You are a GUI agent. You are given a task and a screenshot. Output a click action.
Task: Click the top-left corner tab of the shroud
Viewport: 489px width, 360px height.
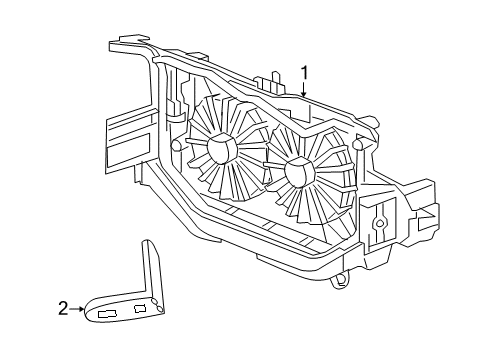pos(122,42)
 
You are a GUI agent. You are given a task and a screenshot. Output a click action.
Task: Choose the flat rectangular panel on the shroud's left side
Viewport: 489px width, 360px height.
pos(126,140)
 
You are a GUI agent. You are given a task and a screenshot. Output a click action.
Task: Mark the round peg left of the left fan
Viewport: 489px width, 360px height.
pos(176,146)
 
